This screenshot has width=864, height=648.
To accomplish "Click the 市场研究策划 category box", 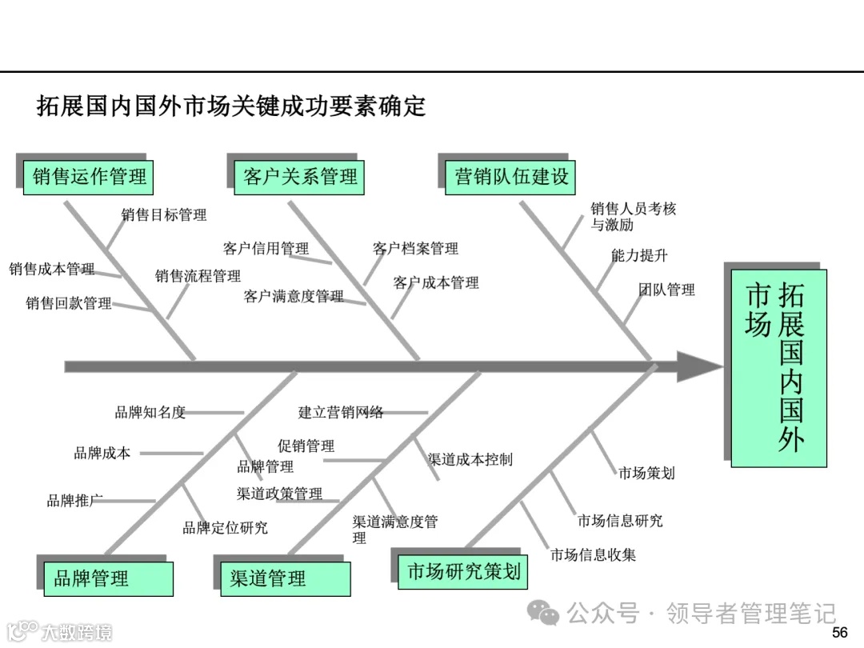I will tap(464, 571).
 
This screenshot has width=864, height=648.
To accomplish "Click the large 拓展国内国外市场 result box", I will tap(777, 367).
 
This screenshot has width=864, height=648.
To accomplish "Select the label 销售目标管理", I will tap(164, 214).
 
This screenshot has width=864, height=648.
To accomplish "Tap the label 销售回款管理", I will tap(69, 303).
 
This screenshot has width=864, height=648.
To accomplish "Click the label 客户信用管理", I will tap(266, 249).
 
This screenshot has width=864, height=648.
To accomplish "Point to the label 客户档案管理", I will tap(416, 249).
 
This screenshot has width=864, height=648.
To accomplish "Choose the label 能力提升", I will tap(638, 256).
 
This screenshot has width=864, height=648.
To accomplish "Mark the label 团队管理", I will tap(666, 290).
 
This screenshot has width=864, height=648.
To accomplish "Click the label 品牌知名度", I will tap(150, 413).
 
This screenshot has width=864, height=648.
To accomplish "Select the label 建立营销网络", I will tap(341, 413).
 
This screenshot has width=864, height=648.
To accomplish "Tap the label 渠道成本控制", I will tap(470, 459).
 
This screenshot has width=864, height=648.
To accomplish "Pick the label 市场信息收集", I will tap(593, 554).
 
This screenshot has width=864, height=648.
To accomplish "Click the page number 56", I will tap(839, 633).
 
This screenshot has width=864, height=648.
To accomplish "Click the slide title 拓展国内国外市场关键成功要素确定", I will tap(231, 106).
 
